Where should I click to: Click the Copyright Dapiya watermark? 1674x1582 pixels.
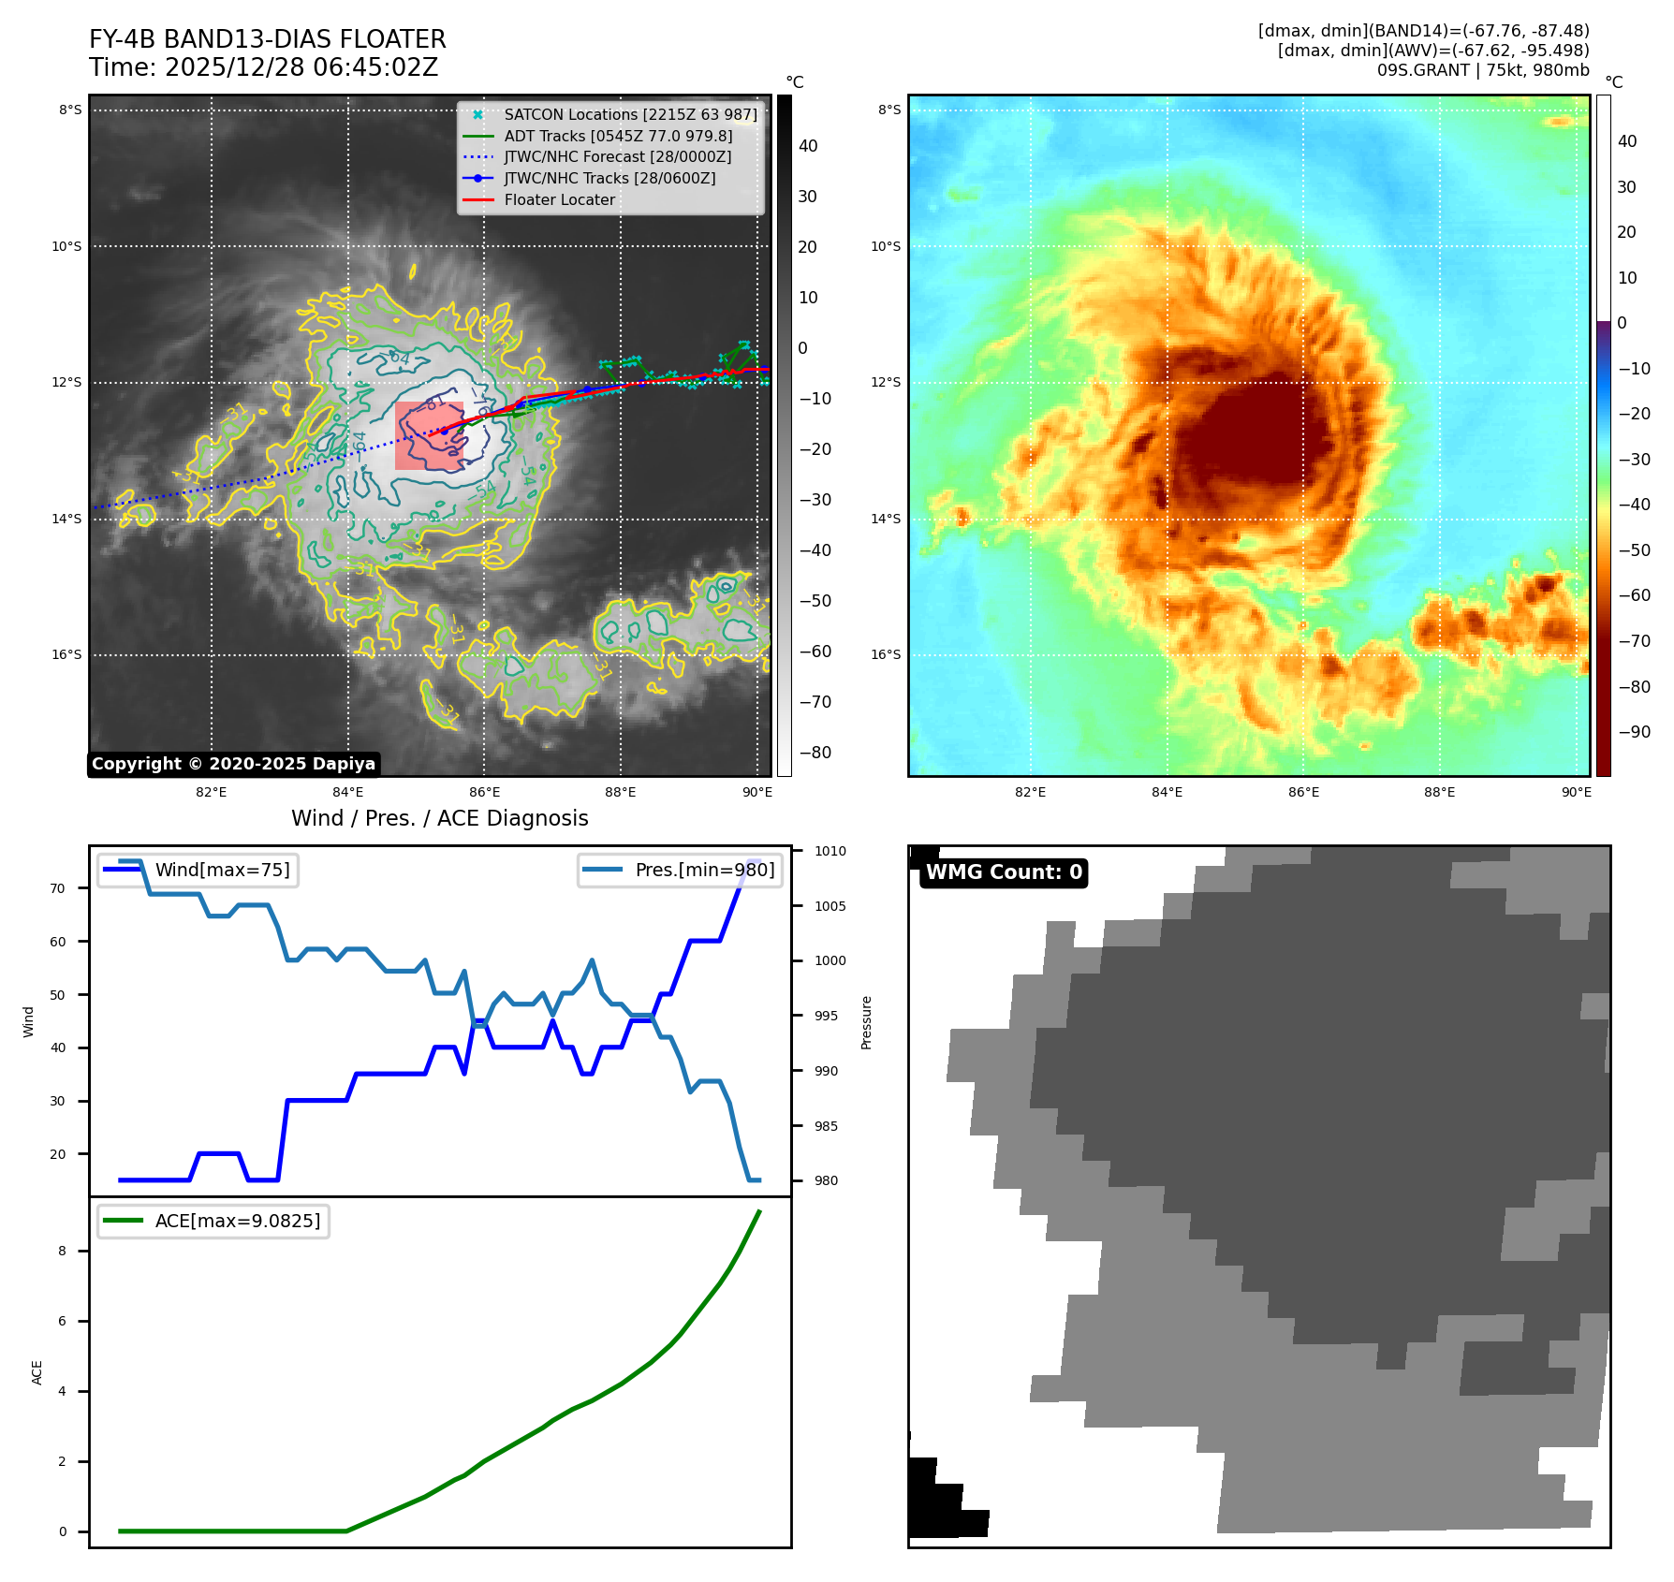pos(233,764)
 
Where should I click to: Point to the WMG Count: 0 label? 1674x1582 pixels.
pos(1004,872)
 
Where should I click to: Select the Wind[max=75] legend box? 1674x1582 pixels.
pos(198,870)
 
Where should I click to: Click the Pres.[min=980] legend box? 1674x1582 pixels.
pos(680,870)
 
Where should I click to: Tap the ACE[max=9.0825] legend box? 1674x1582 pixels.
pos(213,1221)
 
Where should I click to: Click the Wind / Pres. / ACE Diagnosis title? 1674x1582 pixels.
pos(440,818)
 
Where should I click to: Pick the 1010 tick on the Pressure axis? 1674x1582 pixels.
pos(830,851)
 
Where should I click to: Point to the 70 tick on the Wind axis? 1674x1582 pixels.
pos(58,888)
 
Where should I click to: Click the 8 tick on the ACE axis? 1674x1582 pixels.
pos(63,1251)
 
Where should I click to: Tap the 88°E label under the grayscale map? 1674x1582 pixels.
pos(620,792)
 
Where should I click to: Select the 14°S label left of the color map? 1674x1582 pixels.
pos(886,519)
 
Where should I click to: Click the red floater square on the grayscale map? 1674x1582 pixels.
pos(429,436)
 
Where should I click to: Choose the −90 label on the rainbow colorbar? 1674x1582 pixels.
pos(1635,732)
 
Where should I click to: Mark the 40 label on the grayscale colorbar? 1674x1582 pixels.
pos(808,146)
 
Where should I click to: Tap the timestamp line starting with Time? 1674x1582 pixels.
pos(264,67)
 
